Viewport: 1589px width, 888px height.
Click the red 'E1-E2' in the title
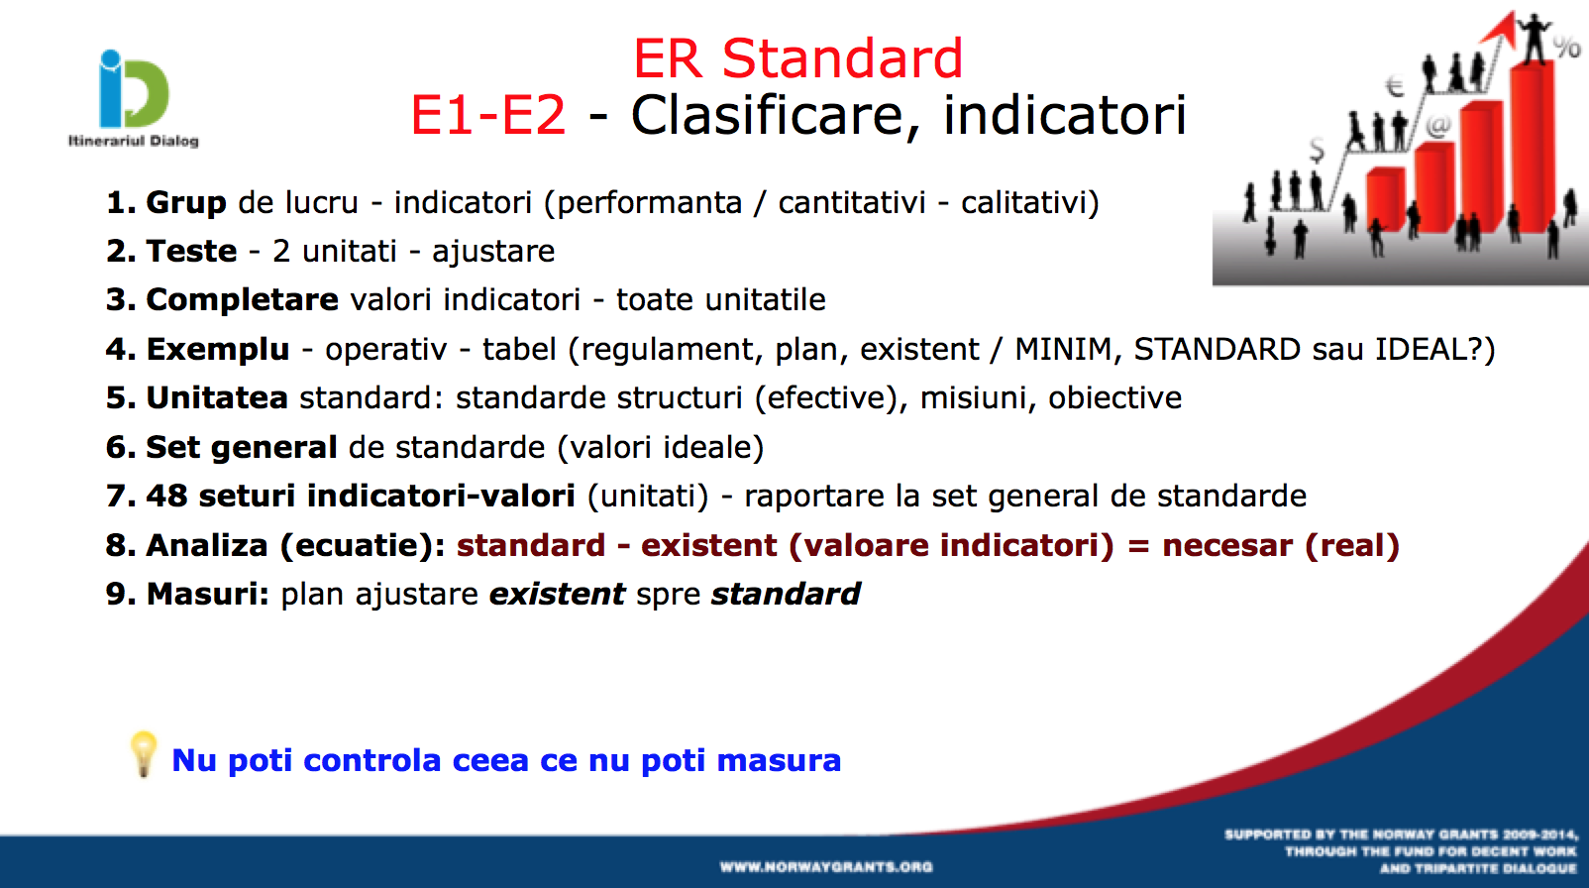(488, 115)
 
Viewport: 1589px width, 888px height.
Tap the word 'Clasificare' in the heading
(775, 115)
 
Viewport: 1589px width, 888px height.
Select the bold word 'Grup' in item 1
(186, 204)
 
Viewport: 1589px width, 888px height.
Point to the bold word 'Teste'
(191, 252)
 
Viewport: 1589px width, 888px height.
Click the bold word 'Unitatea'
(216, 398)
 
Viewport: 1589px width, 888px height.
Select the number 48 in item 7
(166, 497)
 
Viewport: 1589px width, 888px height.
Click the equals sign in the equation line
(1138, 546)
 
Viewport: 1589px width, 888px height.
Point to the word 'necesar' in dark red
(1227, 546)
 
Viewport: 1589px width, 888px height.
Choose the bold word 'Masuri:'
(207, 594)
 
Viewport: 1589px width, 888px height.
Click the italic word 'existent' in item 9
(558, 594)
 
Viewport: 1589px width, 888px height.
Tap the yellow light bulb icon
(144, 754)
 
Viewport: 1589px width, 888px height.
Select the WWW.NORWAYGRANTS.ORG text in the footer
(826, 867)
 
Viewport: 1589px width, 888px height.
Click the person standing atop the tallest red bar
(1534, 38)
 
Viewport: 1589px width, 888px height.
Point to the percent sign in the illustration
(1567, 49)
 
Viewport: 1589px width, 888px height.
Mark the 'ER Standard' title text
(798, 58)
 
